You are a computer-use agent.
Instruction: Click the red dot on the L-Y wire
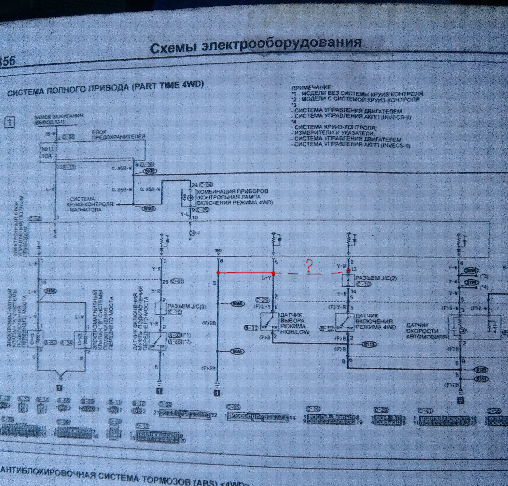point(273,274)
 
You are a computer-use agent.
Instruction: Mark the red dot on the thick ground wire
point(218,273)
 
